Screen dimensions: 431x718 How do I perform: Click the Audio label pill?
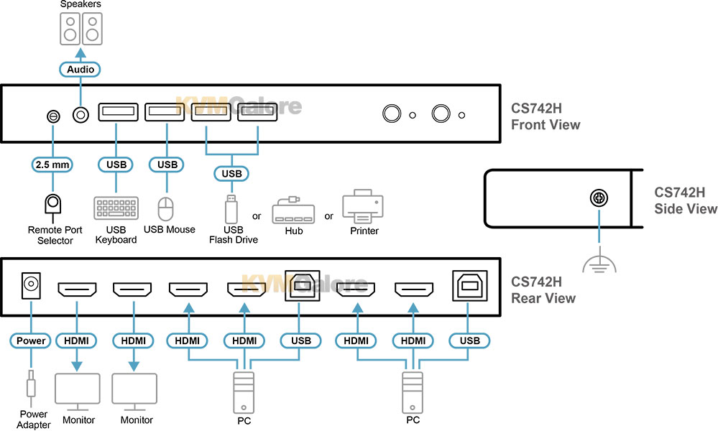tap(80, 70)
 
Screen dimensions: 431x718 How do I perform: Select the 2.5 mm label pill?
tap(52, 164)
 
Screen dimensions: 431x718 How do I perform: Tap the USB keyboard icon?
tap(116, 208)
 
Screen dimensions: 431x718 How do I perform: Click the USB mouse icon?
tap(167, 209)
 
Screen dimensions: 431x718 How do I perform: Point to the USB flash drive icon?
tap(231, 210)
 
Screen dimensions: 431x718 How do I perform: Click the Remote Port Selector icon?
tap(52, 206)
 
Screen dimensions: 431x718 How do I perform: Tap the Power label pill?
tap(30, 340)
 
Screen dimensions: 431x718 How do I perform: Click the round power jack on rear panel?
tap(31, 285)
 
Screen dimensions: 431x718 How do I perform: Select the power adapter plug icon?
tap(30, 389)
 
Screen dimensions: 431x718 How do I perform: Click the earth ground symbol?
tap(597, 266)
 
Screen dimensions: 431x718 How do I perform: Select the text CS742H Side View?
tap(686, 200)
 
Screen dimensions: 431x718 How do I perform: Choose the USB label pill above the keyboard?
tap(116, 164)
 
